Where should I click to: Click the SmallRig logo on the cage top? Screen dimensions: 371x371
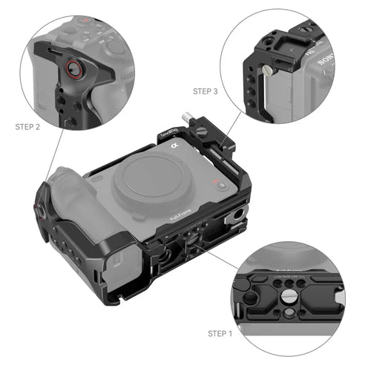[169, 136]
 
